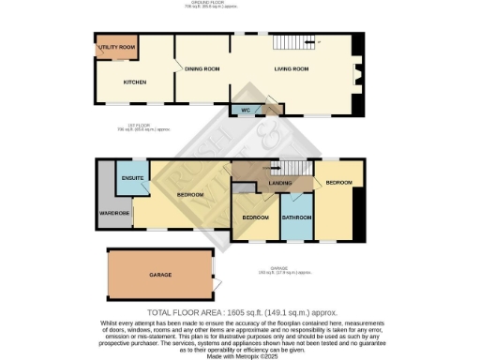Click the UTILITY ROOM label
coord(119,47)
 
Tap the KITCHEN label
coord(135,82)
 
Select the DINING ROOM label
coord(202,69)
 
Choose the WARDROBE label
coord(114,213)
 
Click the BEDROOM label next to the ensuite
coord(191,194)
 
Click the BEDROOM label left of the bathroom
coord(256,217)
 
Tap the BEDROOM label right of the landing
coord(339,182)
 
